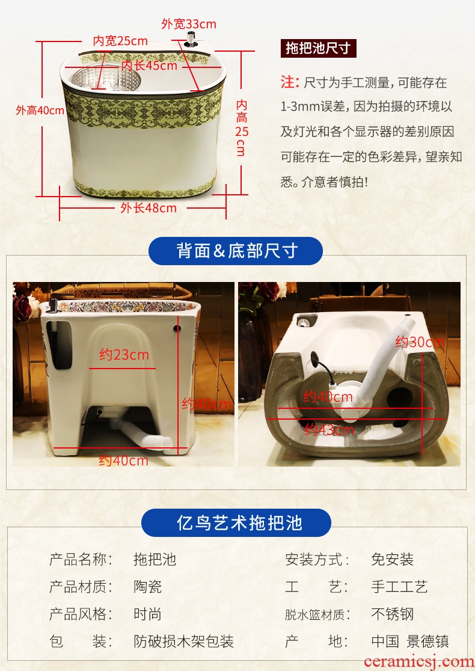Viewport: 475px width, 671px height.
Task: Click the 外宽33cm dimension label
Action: [189, 24]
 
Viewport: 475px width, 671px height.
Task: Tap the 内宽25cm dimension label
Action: [121, 41]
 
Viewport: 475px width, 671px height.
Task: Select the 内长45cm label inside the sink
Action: [149, 66]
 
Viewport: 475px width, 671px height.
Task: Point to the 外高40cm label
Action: [40, 111]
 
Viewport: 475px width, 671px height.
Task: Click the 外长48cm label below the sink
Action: [148, 208]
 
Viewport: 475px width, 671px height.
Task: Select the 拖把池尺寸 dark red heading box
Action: [319, 48]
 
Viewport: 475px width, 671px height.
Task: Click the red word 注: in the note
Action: [290, 82]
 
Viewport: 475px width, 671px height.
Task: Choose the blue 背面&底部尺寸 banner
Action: [235, 251]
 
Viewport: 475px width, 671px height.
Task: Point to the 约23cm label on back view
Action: [124, 355]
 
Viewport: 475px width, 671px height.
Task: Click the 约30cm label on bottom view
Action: [420, 342]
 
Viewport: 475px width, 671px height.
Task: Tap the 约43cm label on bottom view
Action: [329, 429]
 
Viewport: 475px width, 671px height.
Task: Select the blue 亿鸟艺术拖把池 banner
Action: [236, 522]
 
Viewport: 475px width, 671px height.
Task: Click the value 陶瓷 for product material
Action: [148, 587]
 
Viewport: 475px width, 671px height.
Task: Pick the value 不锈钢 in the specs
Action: [393, 614]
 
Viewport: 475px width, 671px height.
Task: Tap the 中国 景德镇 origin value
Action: [410, 642]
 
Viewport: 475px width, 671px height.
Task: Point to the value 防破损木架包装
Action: [183, 642]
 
